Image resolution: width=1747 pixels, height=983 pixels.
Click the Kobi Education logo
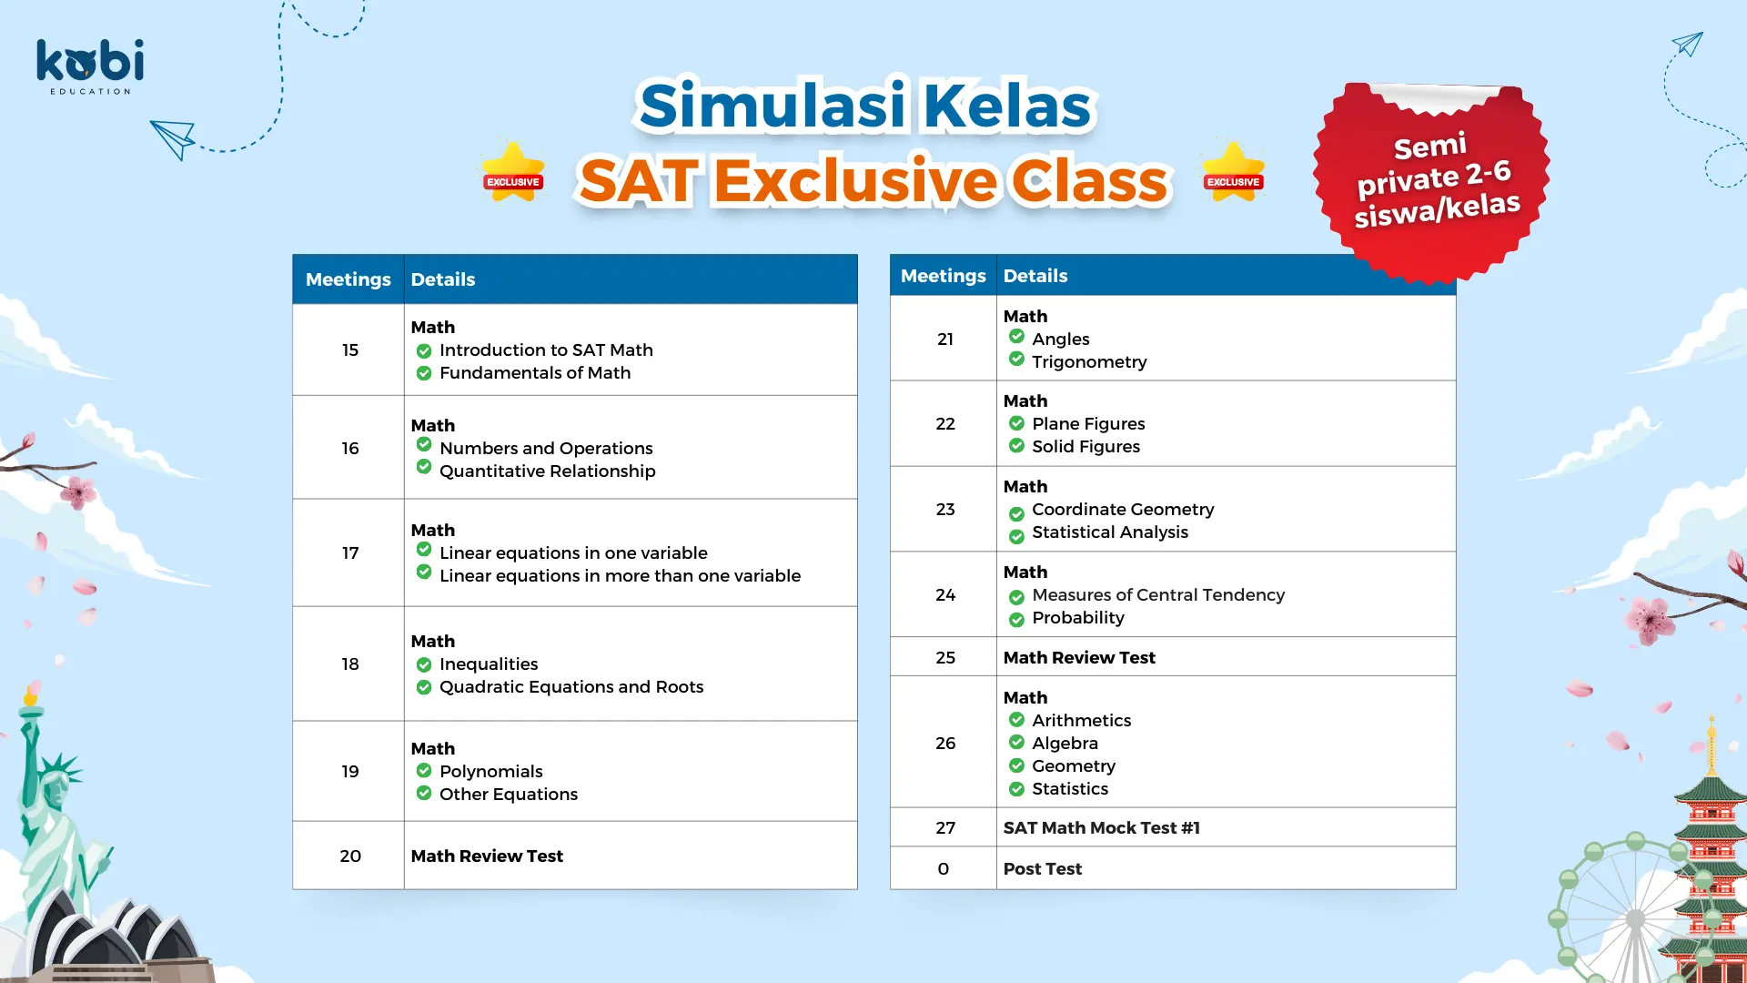point(90,66)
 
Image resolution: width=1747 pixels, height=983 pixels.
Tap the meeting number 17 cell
point(350,552)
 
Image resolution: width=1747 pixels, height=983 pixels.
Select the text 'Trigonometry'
point(1089,362)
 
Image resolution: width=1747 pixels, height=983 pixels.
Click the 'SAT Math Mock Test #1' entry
point(1101,827)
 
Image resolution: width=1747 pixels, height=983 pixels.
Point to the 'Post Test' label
point(1043,868)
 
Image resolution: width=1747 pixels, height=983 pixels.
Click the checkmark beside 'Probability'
point(1016,620)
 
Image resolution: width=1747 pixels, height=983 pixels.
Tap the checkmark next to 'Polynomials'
point(424,770)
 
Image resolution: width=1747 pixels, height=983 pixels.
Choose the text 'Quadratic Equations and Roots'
point(571,687)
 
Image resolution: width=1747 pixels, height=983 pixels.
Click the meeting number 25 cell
point(945,657)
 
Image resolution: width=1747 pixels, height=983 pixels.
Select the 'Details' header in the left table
point(443,279)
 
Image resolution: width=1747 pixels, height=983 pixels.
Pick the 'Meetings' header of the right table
point(944,276)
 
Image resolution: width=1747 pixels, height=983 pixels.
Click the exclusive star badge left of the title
point(513,172)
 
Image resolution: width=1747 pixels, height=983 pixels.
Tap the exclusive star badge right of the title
point(1233,172)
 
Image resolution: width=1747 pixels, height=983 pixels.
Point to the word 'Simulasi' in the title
point(773,106)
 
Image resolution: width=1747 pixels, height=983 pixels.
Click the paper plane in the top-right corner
point(1688,44)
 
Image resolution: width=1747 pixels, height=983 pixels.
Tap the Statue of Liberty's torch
point(31,696)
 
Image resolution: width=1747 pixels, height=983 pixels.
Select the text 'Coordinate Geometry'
point(1123,510)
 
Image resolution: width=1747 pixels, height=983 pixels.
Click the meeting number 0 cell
point(944,868)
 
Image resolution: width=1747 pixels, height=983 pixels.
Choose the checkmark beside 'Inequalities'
point(424,664)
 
